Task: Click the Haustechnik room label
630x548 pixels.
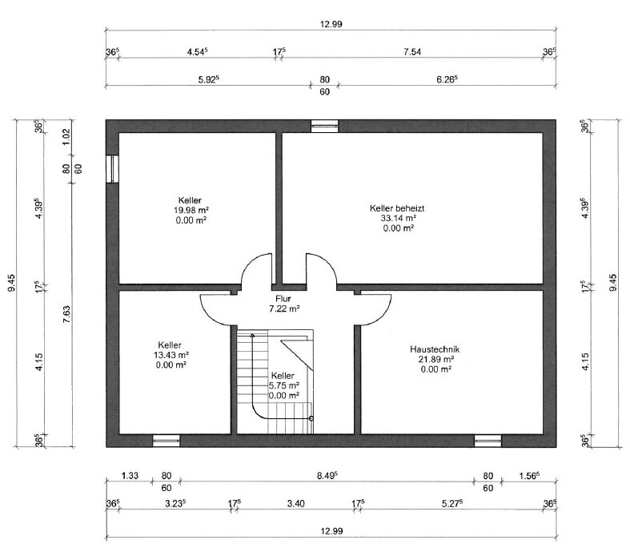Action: coord(435,349)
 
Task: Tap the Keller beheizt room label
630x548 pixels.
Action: coord(397,208)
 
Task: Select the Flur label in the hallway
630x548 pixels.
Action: coord(283,299)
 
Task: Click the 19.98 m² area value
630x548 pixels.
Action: coord(191,210)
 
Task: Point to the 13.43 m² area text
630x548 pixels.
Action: coord(171,355)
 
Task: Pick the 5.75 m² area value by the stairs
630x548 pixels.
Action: coord(284,385)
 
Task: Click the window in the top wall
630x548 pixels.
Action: coord(325,126)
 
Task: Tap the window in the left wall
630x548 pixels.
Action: coord(113,169)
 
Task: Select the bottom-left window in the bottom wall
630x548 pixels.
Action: coord(167,441)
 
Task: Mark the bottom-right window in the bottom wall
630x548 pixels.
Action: coord(488,441)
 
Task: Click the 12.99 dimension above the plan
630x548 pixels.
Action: coord(331,24)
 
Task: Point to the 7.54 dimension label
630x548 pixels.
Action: coord(412,52)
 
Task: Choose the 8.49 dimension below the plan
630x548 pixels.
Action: coord(327,476)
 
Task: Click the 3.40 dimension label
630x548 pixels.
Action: coord(295,503)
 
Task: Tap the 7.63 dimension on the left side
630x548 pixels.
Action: coord(66,315)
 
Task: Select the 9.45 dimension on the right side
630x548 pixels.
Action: coord(612,283)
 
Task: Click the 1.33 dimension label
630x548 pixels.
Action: coord(130,476)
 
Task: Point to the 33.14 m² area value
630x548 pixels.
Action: coord(398,218)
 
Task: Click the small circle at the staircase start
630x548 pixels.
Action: coord(311,418)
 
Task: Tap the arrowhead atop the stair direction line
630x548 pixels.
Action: coord(252,335)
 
